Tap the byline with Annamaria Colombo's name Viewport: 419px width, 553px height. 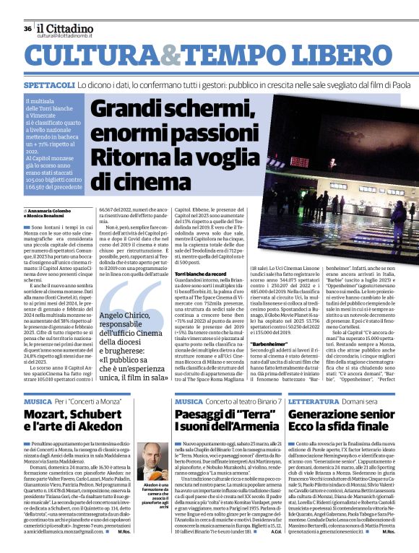point(52,209)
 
